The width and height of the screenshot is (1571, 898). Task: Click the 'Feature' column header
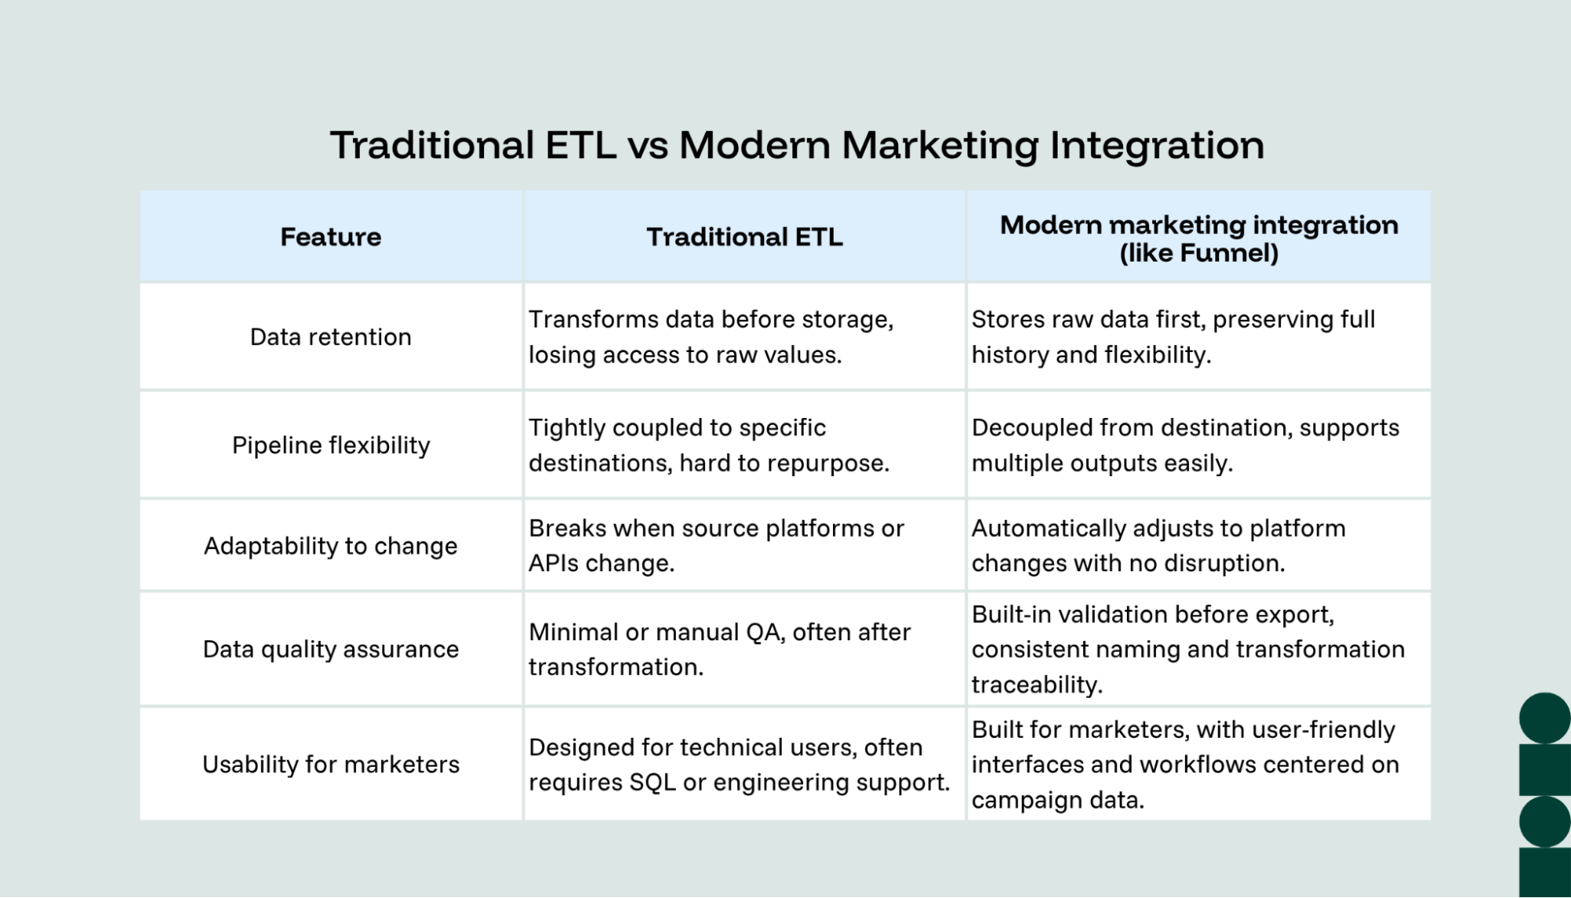[x=331, y=236]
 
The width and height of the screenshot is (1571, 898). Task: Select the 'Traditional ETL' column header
[x=744, y=236]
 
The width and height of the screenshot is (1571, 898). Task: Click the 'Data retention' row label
[x=331, y=337]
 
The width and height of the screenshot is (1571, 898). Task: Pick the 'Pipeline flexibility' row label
[x=331, y=445]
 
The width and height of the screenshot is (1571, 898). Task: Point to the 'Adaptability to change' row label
[x=331, y=546]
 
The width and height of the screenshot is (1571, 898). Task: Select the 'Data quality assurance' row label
[x=331, y=650]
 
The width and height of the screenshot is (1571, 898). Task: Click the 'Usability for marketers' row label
[x=331, y=764]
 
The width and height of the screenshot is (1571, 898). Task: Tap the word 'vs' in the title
[x=648, y=146]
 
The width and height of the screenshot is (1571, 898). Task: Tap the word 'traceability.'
[x=1037, y=685]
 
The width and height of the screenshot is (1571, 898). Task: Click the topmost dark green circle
[x=1544, y=717]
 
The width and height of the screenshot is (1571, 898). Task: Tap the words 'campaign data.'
[x=1058, y=801]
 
